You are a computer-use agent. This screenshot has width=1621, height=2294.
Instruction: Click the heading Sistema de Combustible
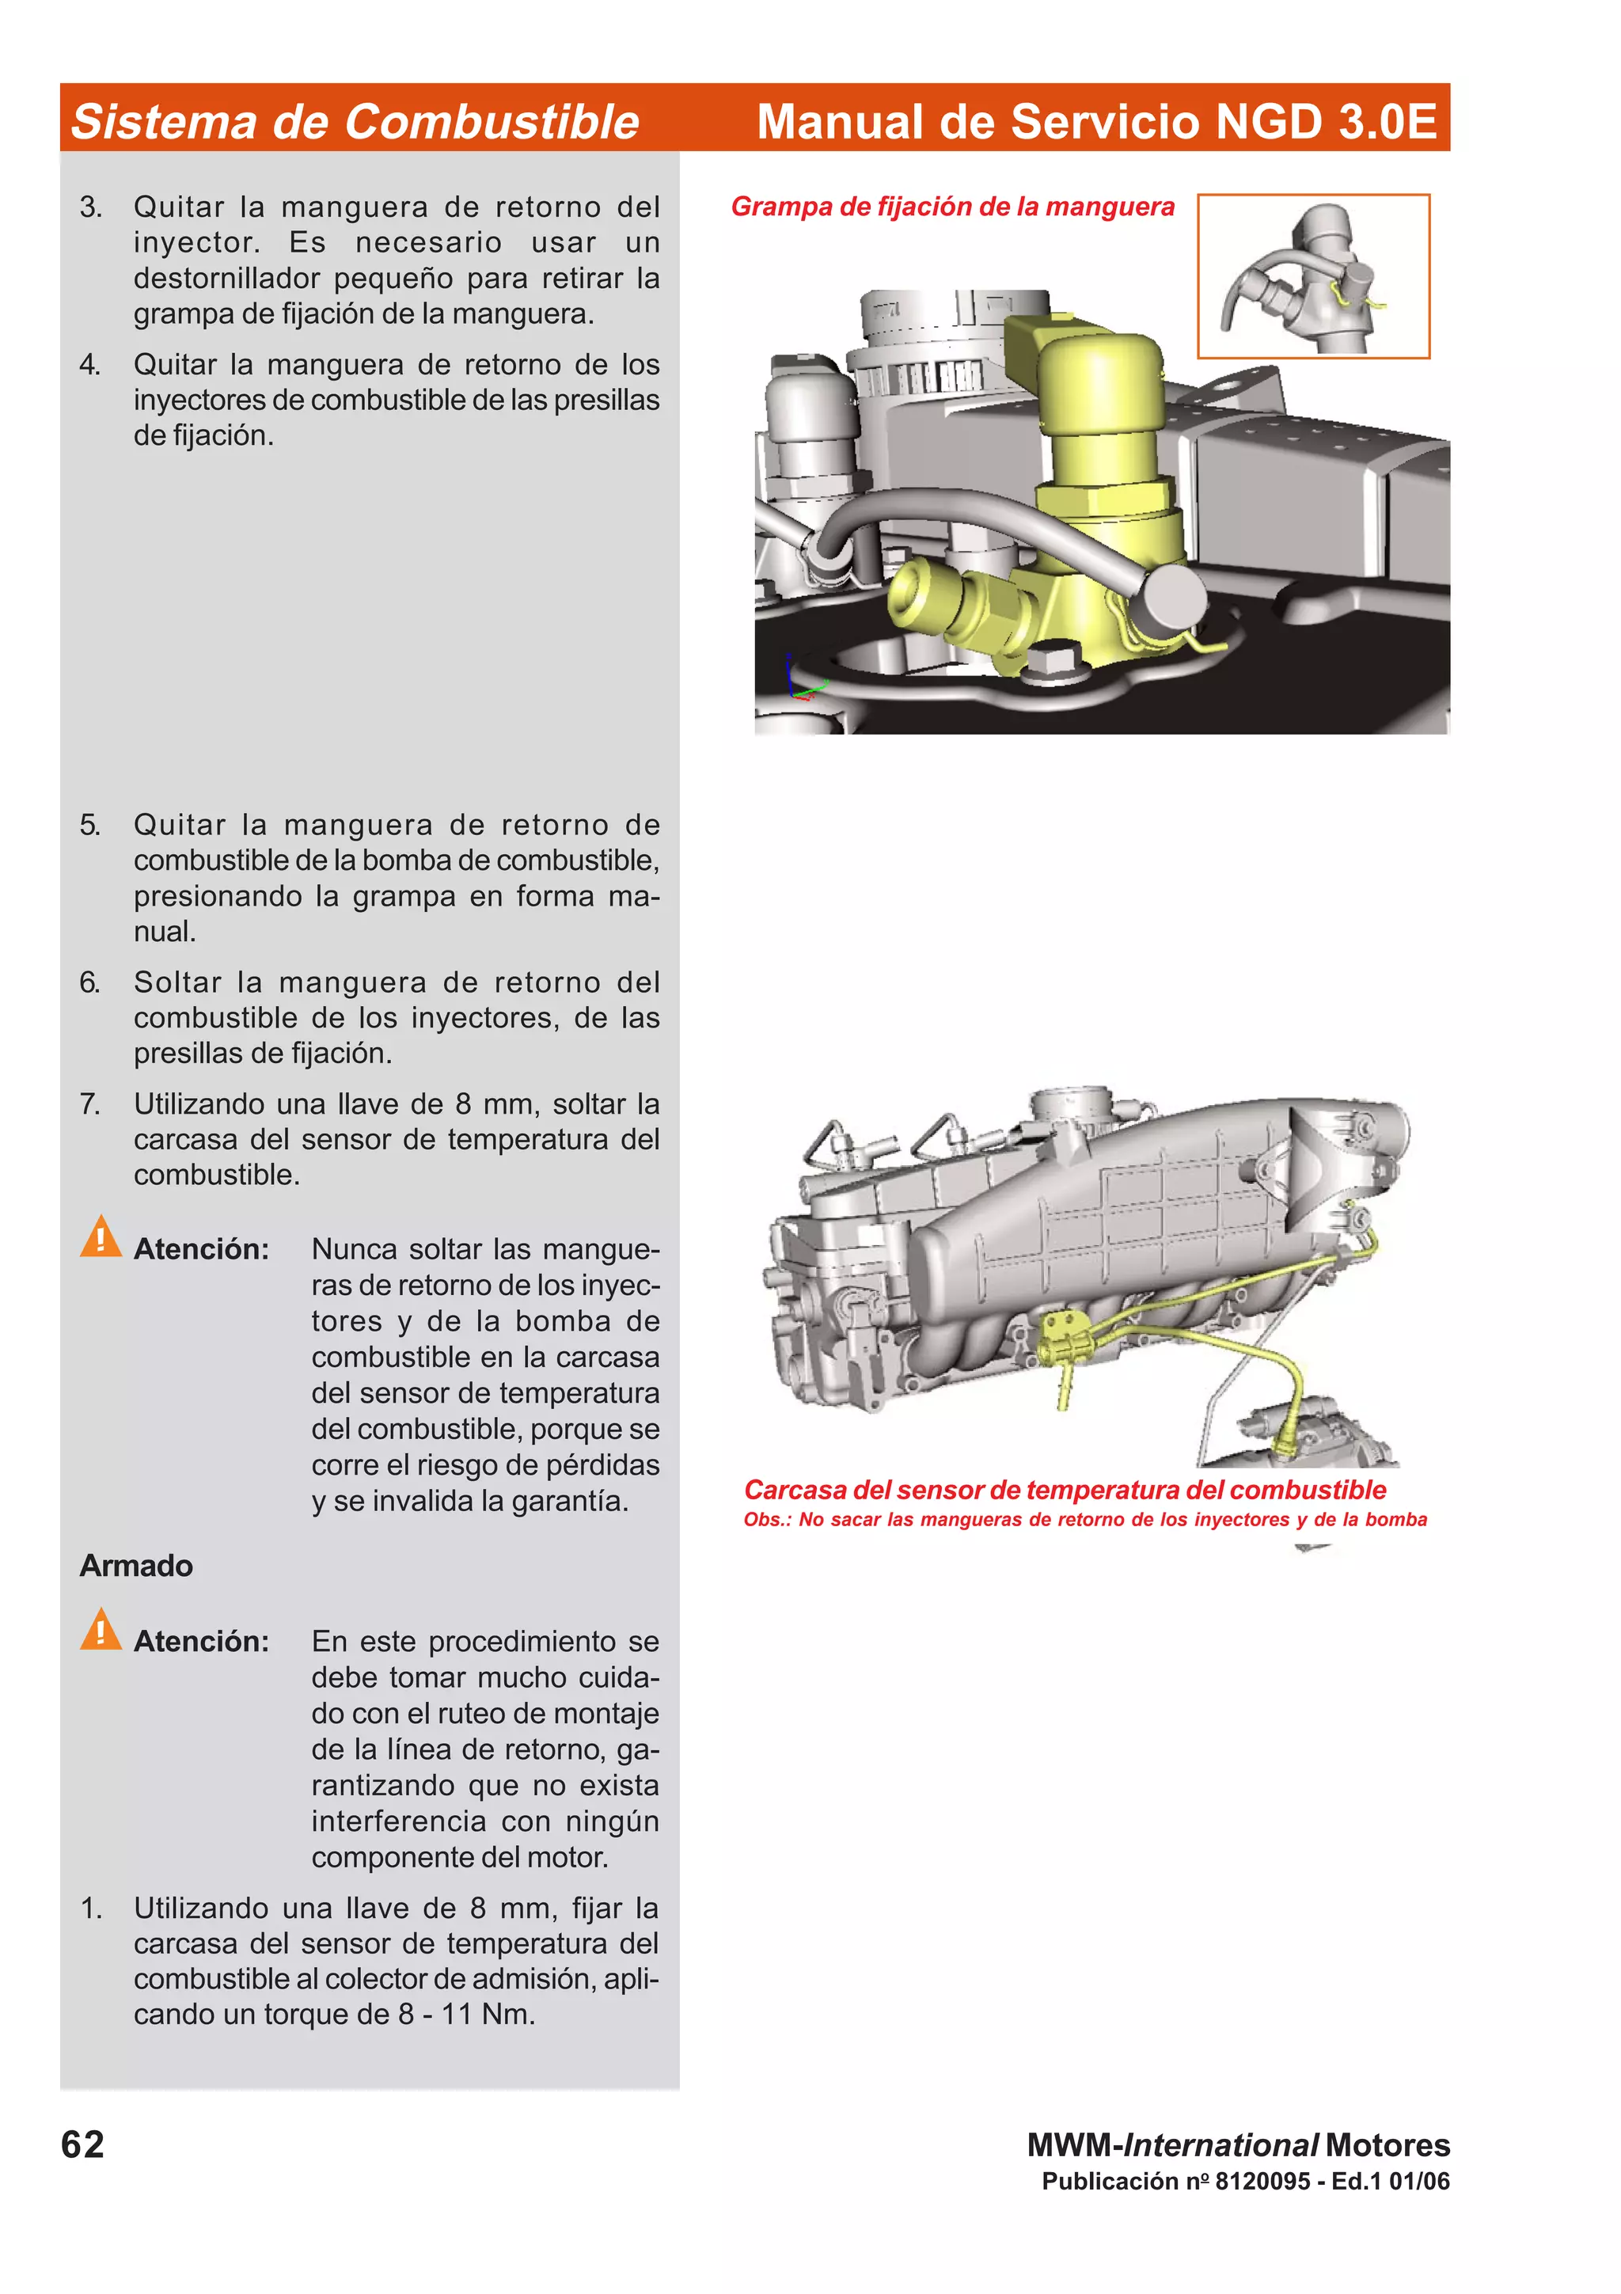(355, 122)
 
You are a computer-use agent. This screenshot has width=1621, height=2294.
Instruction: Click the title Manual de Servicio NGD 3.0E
(1095, 121)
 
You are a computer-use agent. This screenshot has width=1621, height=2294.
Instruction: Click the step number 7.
(90, 1104)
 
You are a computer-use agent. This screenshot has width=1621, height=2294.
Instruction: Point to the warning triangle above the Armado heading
(101, 1238)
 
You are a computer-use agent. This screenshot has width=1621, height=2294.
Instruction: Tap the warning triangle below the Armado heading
(101, 1631)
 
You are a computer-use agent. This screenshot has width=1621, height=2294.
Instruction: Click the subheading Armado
(136, 1566)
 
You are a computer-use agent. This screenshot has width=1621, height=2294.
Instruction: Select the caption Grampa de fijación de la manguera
(952, 207)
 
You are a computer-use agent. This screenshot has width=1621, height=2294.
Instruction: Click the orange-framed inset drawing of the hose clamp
(1312, 275)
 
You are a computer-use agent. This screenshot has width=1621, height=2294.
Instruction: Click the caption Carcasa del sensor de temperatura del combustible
(1064, 1490)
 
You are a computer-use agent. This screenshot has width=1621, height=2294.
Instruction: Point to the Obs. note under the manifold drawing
(1084, 1520)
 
